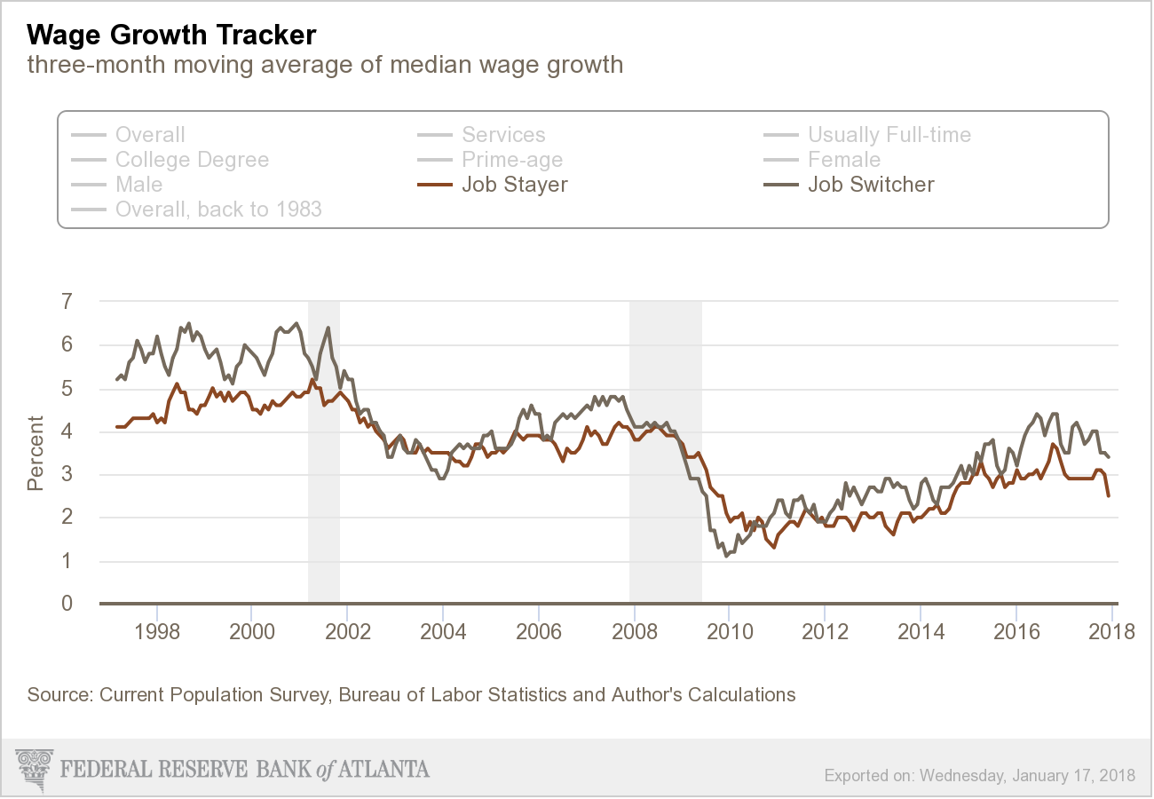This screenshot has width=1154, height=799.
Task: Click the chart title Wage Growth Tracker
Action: tap(171, 36)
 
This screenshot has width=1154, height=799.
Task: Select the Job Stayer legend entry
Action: tap(514, 185)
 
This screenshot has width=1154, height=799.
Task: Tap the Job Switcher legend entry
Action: tap(870, 185)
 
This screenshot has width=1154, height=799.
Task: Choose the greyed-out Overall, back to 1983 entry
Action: tap(218, 210)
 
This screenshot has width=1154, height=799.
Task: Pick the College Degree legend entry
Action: tap(192, 160)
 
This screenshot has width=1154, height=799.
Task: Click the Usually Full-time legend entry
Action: tap(889, 135)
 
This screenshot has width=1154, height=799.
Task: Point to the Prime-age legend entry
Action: tap(512, 160)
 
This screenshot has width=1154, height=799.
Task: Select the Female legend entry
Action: tap(843, 160)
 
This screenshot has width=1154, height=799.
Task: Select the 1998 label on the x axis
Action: tap(157, 632)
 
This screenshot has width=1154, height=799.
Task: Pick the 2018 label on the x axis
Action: tap(1111, 632)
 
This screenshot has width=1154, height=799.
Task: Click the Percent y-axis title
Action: tap(36, 453)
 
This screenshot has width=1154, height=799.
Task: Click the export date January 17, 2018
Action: tap(1073, 775)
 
